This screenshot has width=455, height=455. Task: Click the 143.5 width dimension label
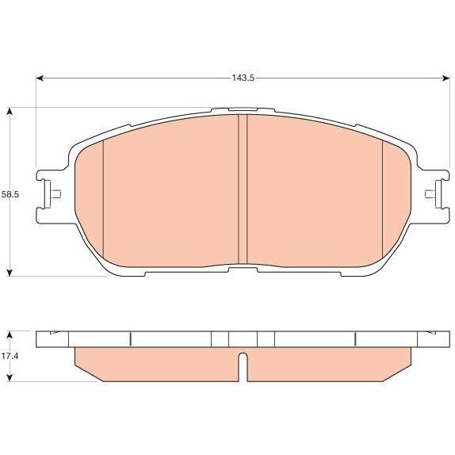pos(243,78)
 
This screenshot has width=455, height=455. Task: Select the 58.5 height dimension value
pos(10,194)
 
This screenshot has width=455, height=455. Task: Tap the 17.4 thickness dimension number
pos(10,356)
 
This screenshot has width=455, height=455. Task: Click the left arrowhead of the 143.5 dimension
pos(40,78)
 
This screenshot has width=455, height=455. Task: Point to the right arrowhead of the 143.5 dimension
pos(445,78)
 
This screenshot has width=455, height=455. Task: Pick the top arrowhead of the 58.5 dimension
pos(10,112)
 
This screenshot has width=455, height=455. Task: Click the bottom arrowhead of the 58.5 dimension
pos(10,272)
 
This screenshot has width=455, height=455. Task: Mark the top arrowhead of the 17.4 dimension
pos(10,335)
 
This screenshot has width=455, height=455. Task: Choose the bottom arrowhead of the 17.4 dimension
pos(10,377)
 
